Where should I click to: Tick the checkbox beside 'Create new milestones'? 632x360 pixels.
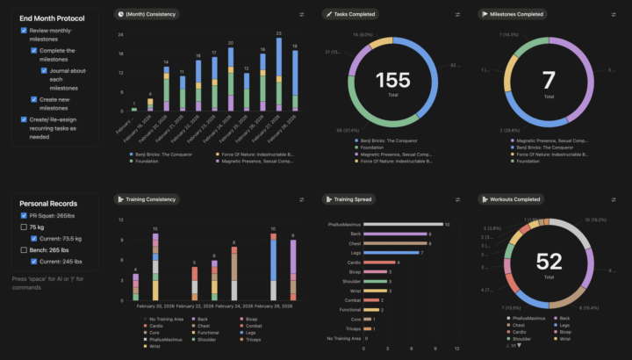click(34, 100)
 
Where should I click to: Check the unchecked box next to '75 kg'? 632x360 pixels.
click(24, 226)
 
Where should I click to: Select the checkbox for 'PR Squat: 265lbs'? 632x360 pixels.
click(24, 214)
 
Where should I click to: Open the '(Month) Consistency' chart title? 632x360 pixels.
click(150, 14)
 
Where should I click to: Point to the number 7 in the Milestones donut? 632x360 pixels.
click(549, 81)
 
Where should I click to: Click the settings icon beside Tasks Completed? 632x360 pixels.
click(458, 14)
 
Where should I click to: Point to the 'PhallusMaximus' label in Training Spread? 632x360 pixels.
click(341, 224)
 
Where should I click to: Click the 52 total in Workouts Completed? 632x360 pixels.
click(549, 261)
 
